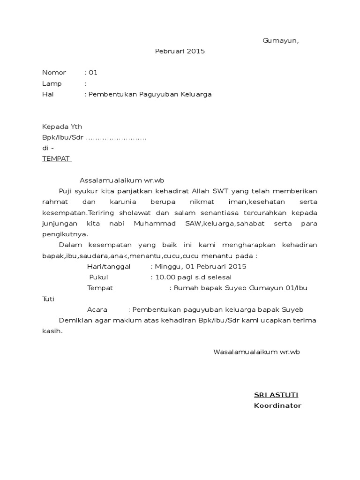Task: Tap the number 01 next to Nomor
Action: (93, 73)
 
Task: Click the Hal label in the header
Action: (48, 94)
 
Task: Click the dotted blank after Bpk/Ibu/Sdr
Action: (116, 138)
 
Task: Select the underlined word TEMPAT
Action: (56, 158)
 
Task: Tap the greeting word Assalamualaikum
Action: (108, 180)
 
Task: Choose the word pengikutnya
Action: (65, 234)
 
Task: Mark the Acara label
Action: (97, 310)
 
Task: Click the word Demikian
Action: (74, 321)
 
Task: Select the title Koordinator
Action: (277, 405)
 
